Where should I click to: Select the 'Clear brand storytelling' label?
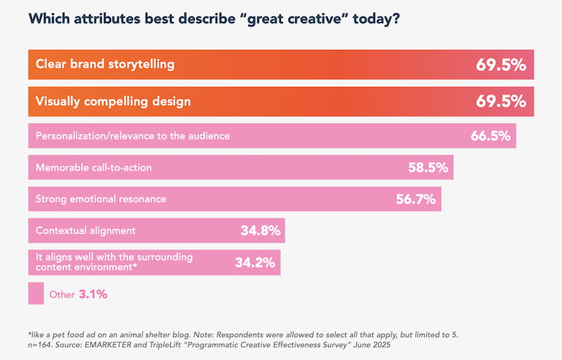click(105, 65)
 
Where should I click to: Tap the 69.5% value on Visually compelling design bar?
click(501, 101)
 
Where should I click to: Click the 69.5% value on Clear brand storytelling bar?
click(501, 65)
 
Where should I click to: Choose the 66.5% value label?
click(491, 135)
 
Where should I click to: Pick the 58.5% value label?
click(428, 168)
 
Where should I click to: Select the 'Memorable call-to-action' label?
click(93, 168)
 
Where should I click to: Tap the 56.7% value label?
click(415, 199)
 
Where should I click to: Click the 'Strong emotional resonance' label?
click(100, 199)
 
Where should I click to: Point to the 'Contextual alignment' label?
click(85, 231)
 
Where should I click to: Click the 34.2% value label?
click(255, 262)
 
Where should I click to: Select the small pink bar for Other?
click(36, 293)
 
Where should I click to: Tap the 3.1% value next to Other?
click(92, 293)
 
